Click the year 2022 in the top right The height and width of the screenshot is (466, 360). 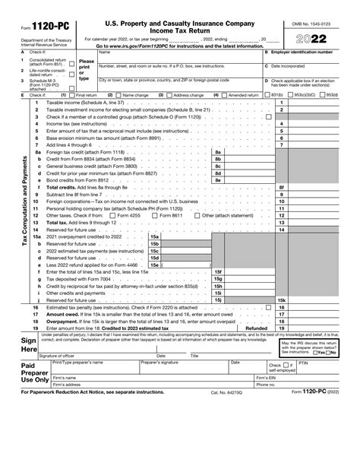(311, 38)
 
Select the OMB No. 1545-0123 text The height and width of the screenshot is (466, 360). (311, 24)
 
